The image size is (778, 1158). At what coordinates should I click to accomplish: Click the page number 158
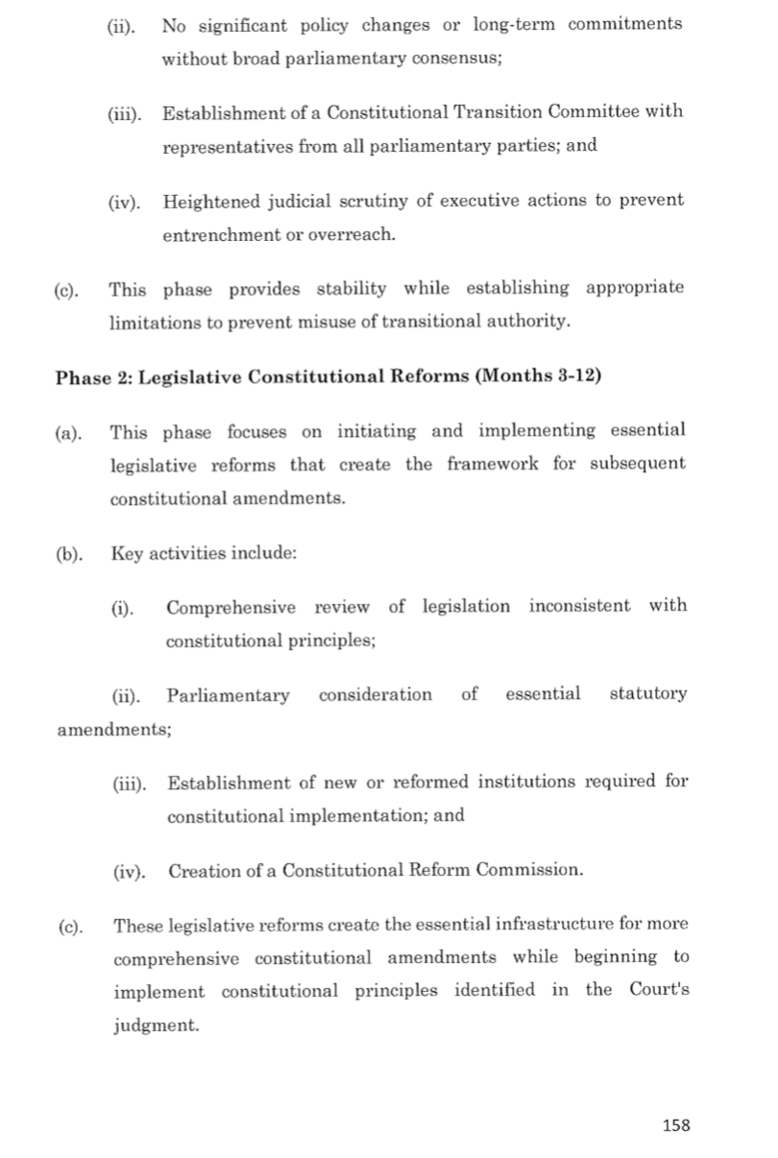pos(676,1125)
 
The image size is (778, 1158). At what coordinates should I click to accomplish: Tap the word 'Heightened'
pos(212,202)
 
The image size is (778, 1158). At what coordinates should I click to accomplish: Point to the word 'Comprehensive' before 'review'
pos(226,607)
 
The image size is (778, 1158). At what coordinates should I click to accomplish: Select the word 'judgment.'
pos(156,1025)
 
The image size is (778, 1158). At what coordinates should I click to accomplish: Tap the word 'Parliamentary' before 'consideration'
pos(228,695)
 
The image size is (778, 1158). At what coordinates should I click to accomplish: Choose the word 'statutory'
pos(648,694)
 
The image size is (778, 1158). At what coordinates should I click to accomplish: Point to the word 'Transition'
pos(499,112)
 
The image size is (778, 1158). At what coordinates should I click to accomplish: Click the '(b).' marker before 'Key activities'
pos(69,554)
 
